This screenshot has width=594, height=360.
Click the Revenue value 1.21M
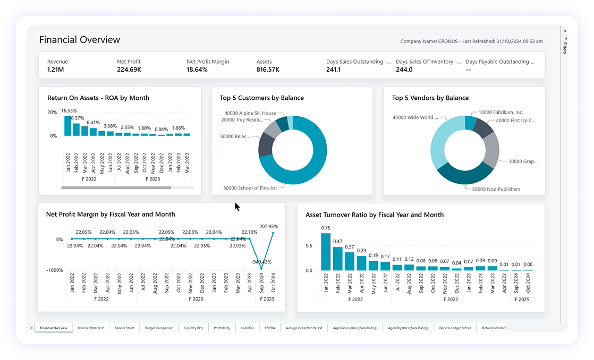click(55, 70)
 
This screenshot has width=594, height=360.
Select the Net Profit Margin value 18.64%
click(197, 70)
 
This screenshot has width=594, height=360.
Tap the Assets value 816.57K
click(268, 70)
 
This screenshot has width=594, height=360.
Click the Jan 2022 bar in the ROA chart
click(67, 126)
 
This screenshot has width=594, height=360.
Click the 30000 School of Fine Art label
click(250, 187)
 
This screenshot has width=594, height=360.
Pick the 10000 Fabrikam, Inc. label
click(500, 113)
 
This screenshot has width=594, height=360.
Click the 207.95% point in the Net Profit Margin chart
click(273, 233)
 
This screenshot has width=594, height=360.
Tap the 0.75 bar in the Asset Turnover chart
click(326, 252)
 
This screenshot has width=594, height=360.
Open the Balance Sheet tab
click(124, 328)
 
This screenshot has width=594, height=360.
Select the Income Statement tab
click(91, 328)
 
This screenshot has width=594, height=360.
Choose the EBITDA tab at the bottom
click(269, 328)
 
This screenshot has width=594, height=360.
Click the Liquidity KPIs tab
click(193, 328)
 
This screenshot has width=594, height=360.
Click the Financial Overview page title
click(80, 40)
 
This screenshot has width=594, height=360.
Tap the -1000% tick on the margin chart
click(54, 270)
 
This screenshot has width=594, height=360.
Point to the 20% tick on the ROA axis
click(52, 113)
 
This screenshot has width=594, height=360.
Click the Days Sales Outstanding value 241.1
click(333, 70)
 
